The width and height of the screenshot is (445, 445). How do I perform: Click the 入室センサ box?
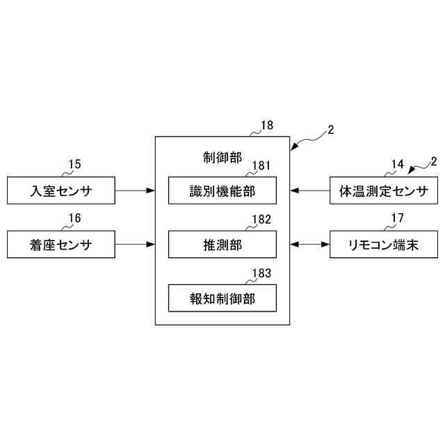coord(61,189)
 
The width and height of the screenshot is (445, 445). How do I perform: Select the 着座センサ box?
coord(61,245)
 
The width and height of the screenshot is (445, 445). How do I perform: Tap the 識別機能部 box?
coord(222,189)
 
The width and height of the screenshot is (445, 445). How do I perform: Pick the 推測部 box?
coord(222,245)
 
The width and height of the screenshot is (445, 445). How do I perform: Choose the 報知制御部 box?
coord(222,299)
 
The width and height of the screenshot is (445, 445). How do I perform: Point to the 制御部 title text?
coord(218,157)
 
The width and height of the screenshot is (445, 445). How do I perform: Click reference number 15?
coord(74,164)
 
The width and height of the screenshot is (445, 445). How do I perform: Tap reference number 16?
coord(74,218)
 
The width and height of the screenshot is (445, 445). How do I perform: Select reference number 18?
coord(266,126)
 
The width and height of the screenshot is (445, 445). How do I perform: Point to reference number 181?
coord(261,165)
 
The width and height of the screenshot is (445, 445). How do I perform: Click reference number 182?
coord(261,220)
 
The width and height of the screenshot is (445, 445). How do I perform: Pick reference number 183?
coord(261,274)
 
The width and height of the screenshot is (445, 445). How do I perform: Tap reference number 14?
coord(397,164)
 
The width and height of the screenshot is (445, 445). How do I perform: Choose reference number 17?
coord(397,218)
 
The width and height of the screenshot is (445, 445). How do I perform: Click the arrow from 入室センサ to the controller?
coord(135,189)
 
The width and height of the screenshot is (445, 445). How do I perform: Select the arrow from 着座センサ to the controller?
coord(135,245)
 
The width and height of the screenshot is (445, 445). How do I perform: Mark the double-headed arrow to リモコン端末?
coord(310,245)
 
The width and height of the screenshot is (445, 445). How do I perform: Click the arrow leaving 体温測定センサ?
coord(310,189)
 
